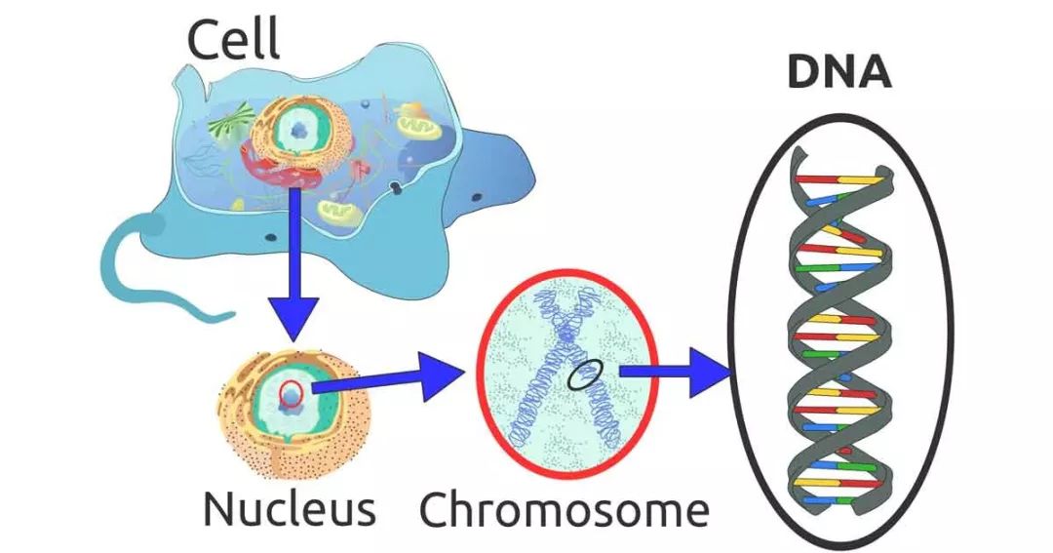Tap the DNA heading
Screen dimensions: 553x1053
(x=839, y=72)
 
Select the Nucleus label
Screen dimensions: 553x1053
(x=289, y=509)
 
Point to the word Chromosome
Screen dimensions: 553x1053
(x=564, y=509)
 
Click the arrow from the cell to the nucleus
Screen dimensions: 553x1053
(x=293, y=283)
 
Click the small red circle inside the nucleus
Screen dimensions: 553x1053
(x=293, y=393)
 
